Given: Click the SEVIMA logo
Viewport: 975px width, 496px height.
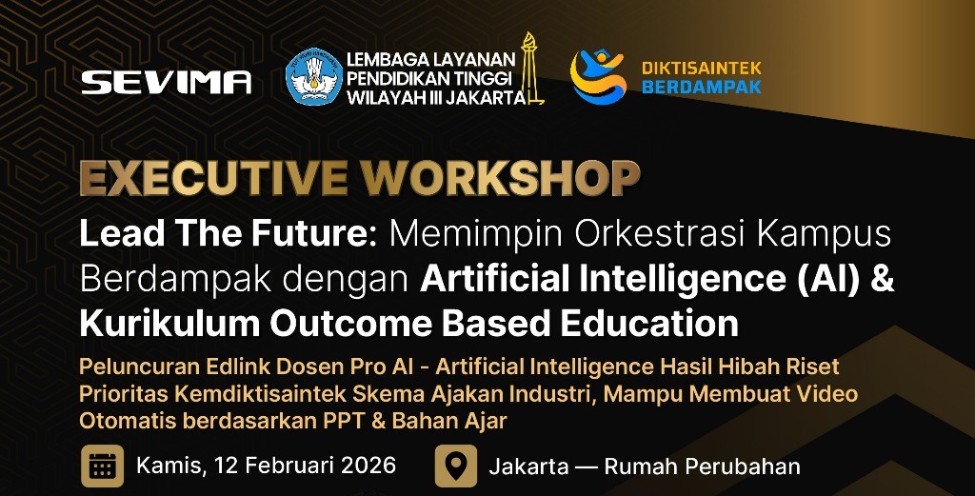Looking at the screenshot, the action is (166, 82).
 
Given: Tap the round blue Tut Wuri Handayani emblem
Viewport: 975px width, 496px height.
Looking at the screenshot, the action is (314, 76).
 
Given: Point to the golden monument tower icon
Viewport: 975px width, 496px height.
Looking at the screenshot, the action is (529, 69).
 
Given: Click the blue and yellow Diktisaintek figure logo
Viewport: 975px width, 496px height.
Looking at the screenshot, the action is (598, 76).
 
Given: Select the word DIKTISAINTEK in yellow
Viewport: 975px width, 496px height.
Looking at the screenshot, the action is (702, 68).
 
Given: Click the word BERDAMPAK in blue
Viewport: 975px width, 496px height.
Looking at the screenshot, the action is (702, 87).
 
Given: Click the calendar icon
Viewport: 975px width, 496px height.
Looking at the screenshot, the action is (102, 466).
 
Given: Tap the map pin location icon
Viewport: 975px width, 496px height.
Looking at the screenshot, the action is (456, 466).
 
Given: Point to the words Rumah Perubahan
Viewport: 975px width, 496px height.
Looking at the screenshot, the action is (702, 466).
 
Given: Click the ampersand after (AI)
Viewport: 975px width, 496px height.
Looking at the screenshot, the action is (882, 278).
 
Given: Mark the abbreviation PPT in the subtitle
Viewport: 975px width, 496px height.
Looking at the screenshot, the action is (346, 422).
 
